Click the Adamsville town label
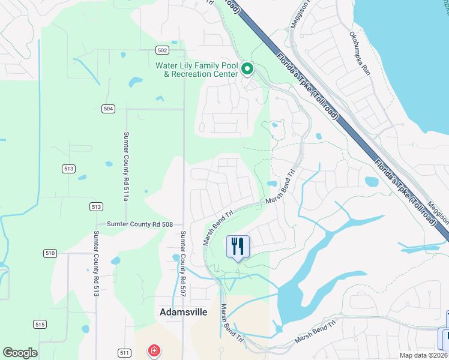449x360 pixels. click(x=184, y=312)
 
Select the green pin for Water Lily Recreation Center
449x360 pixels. click(x=247, y=70)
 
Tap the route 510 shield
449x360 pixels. click(x=49, y=253)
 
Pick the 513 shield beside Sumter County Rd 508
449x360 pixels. click(x=95, y=206)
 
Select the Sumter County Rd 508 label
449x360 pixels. click(x=139, y=224)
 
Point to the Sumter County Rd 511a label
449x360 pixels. click(x=126, y=167)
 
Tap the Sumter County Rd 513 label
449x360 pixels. click(x=95, y=264)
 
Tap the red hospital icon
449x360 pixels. click(x=154, y=350)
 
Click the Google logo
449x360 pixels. click(x=20, y=353)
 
